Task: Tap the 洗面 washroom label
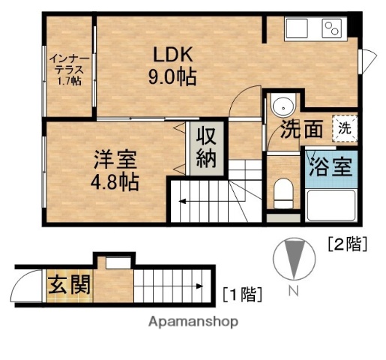coord(302,130)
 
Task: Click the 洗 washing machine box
coord(344,127)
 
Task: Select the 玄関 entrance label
coord(70,285)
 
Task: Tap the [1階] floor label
coord(242,293)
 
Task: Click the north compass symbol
coord(295,259)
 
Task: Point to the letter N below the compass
coord(295,292)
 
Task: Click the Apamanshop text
coord(193,322)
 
